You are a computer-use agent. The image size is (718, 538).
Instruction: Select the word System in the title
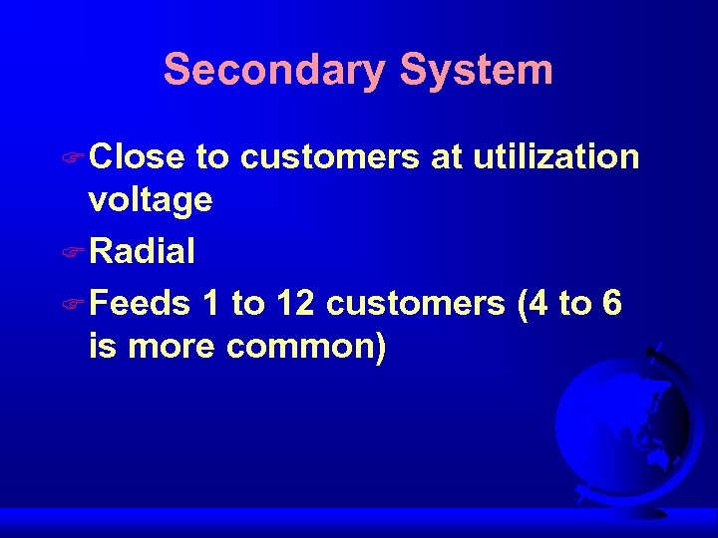[476, 71]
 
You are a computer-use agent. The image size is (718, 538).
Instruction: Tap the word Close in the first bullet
[137, 157]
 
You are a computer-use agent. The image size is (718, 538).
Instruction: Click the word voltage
[150, 201]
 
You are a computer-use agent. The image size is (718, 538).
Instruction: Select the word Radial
[142, 252]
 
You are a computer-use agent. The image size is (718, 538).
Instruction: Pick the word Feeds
[139, 303]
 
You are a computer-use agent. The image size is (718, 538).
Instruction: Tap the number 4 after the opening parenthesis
[537, 303]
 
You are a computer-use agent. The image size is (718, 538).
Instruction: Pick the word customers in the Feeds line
[415, 303]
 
